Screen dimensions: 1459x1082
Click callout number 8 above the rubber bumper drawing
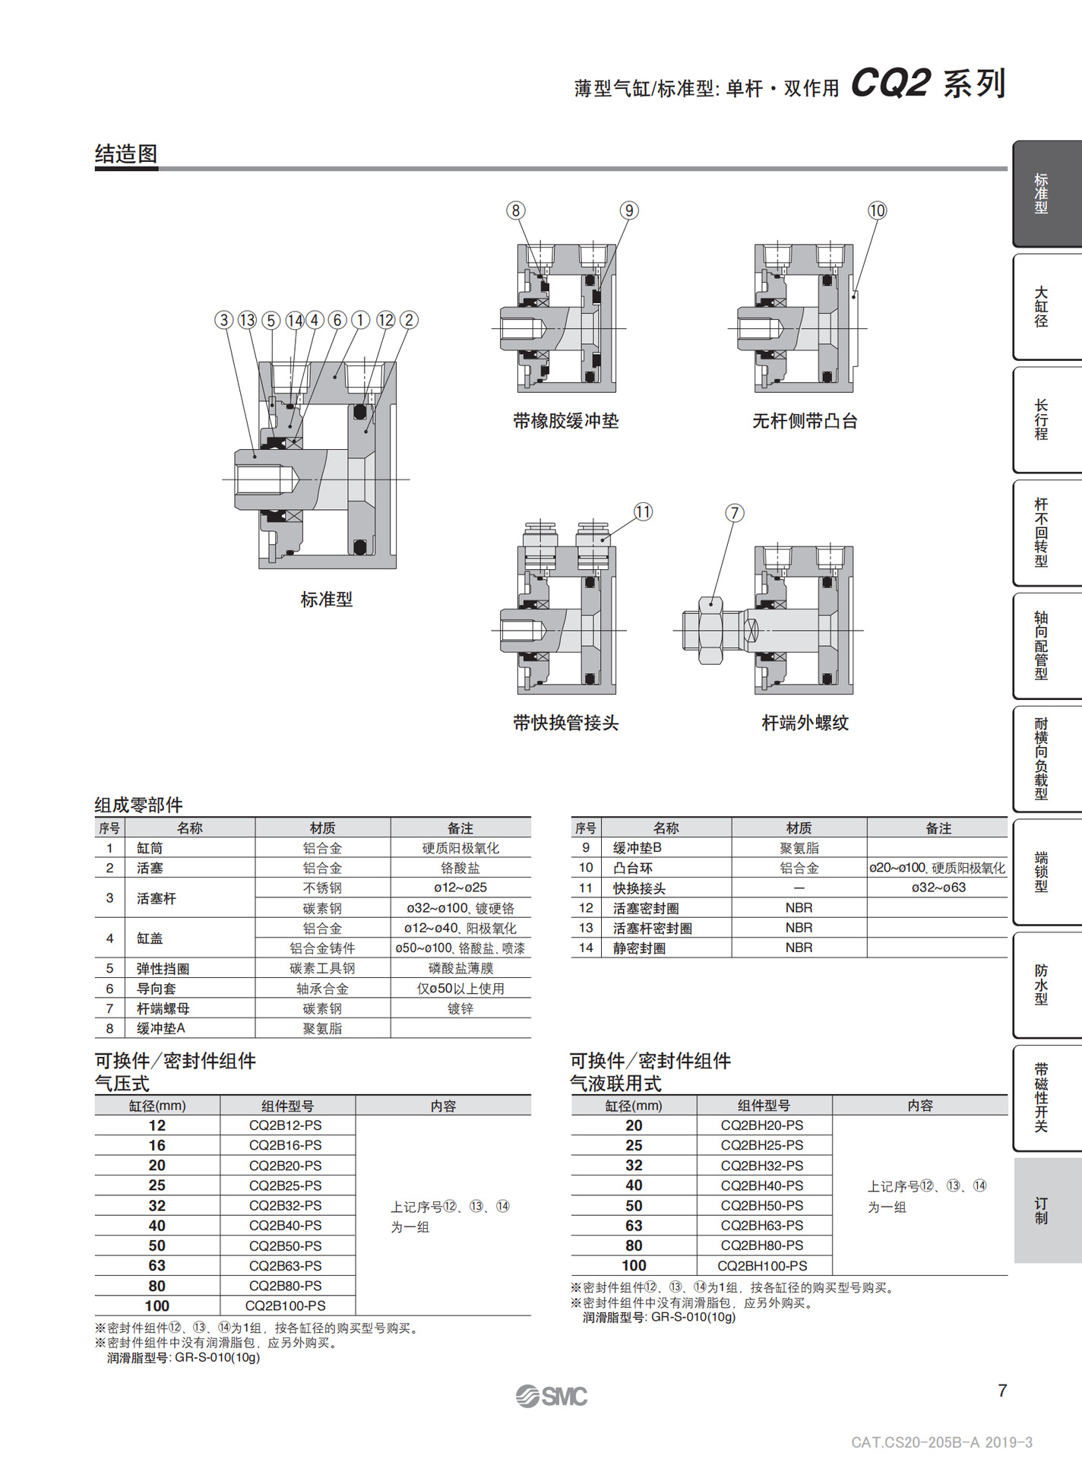tap(516, 210)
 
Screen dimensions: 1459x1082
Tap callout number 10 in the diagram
tap(877, 210)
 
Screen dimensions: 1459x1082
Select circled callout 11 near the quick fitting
tap(643, 511)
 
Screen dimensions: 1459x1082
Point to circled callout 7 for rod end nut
tap(734, 513)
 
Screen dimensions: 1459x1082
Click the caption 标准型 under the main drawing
tap(327, 600)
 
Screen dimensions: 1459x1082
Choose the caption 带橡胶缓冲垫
tap(565, 421)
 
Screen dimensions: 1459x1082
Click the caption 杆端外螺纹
tap(805, 723)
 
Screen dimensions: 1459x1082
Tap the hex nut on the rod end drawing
tap(710, 631)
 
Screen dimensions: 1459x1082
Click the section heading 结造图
tap(126, 154)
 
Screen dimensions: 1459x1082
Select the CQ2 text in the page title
tap(891, 83)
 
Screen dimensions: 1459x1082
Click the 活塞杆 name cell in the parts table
tap(157, 898)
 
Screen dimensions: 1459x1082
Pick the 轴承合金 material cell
tap(322, 989)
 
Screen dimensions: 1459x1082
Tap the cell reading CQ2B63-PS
tap(286, 1265)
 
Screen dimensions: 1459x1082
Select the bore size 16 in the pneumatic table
tap(157, 1145)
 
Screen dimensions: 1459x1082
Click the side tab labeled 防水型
tap(1042, 985)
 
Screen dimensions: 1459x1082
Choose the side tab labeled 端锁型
tap(1042, 872)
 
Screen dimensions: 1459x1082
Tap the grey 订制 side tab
tap(1042, 1211)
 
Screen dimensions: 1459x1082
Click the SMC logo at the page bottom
tap(552, 1396)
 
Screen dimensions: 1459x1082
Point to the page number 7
tap(1002, 1391)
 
